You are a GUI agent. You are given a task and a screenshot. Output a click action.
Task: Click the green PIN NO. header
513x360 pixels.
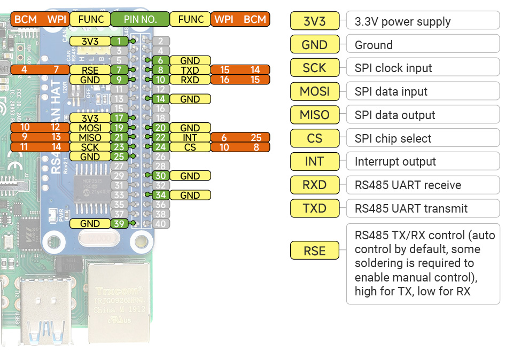pos(140,19)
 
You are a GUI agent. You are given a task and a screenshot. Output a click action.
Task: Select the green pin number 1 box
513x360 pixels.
pos(119,41)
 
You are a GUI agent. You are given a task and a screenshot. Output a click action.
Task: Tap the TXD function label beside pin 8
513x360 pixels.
pos(190,70)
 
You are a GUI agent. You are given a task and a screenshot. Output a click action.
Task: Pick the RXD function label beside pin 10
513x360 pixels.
pos(190,80)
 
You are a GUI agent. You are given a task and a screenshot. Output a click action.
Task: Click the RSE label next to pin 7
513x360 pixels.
pos(90,70)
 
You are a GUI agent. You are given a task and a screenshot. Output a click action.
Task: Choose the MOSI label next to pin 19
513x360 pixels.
pos(90,128)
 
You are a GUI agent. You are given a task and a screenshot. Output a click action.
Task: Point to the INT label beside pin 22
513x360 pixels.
pos(190,137)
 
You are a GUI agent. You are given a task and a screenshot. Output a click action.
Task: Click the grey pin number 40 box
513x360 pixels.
pos(160,224)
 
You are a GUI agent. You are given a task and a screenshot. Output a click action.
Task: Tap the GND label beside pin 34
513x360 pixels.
pos(190,195)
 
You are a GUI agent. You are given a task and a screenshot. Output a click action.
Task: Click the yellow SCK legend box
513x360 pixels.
pos(314,68)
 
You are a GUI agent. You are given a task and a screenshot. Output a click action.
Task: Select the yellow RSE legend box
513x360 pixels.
pos(314,250)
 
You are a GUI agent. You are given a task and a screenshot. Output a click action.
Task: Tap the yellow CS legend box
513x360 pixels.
pos(314,138)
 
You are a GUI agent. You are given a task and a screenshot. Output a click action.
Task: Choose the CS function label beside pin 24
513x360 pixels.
pos(190,147)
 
